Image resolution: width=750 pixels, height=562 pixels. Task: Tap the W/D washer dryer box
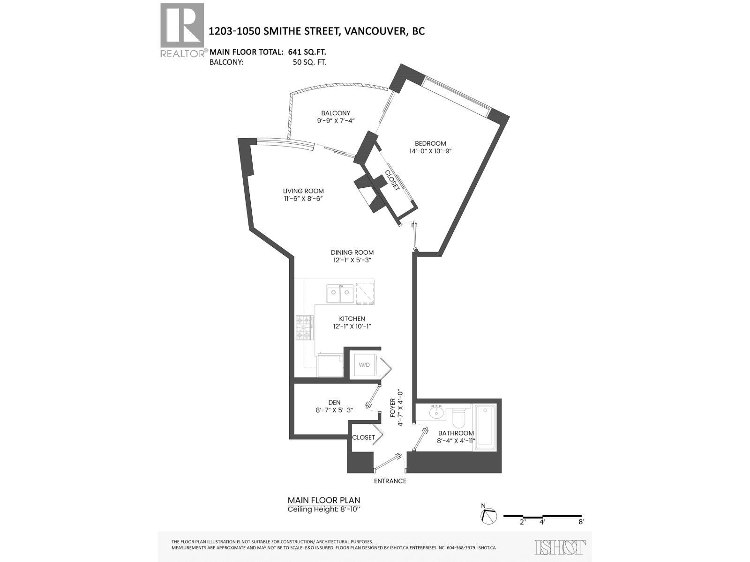pyautogui.click(x=364, y=364)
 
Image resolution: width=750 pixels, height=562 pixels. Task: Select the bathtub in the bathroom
pyautogui.click(x=485, y=428)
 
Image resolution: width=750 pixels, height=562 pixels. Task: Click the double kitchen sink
pyautogui.click(x=339, y=294)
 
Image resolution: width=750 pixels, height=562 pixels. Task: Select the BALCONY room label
pyautogui.click(x=336, y=113)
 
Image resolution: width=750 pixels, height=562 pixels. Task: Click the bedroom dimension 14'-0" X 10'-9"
pyautogui.click(x=430, y=151)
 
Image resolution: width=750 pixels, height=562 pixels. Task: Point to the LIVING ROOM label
pyautogui.click(x=303, y=191)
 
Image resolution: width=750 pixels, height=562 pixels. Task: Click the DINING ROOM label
pyautogui.click(x=352, y=252)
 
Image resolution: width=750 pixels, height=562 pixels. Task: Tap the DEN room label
pyautogui.click(x=334, y=402)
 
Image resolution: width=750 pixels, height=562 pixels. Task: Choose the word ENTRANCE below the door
pyautogui.click(x=390, y=481)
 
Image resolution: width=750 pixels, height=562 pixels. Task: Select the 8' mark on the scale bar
pyautogui.click(x=581, y=522)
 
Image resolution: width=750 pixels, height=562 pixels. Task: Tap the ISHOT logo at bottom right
pyautogui.click(x=560, y=547)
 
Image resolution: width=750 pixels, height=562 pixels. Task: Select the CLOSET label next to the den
pyautogui.click(x=364, y=437)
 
